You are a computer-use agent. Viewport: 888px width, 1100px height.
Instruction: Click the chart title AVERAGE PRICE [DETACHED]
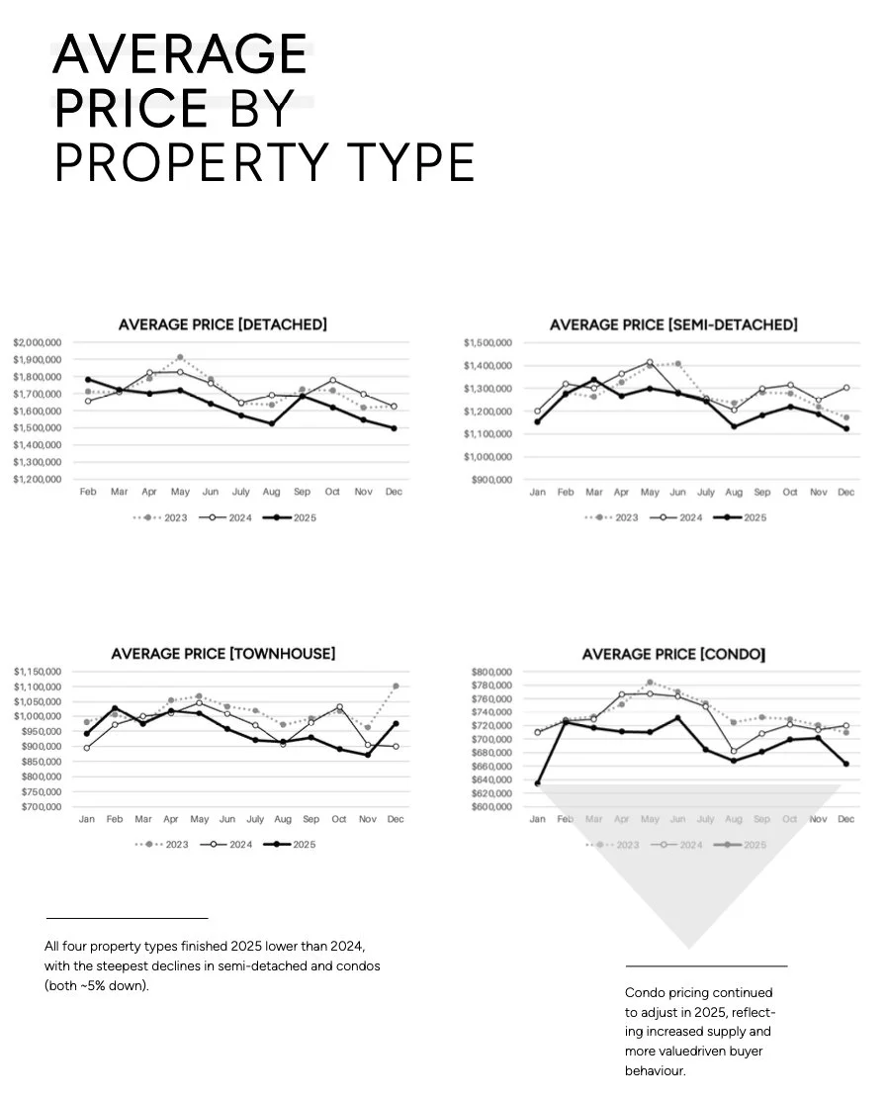pyautogui.click(x=222, y=324)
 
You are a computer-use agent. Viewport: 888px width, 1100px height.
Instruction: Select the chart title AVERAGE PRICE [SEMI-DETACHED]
pyautogui.click(x=673, y=324)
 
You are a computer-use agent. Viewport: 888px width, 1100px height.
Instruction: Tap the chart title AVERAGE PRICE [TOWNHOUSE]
pyautogui.click(x=222, y=654)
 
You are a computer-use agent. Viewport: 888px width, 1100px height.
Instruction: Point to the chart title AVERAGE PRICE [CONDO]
pyautogui.click(x=673, y=654)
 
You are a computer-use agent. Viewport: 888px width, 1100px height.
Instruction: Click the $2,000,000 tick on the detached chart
pyautogui.click(x=38, y=342)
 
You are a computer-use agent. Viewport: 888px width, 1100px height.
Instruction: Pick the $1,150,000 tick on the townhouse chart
pyautogui.click(x=38, y=672)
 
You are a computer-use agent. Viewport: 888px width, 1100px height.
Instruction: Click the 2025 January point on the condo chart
pyautogui.click(x=538, y=783)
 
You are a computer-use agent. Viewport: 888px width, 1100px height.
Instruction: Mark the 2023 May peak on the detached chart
pyautogui.click(x=179, y=357)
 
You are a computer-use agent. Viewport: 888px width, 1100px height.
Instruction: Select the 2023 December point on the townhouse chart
pyautogui.click(x=396, y=686)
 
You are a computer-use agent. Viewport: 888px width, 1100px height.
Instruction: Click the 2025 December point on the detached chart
pyautogui.click(x=394, y=428)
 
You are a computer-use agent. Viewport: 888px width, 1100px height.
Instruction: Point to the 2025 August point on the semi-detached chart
pyautogui.click(x=733, y=426)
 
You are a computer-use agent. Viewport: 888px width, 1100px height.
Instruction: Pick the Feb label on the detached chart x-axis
pyautogui.click(x=88, y=492)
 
